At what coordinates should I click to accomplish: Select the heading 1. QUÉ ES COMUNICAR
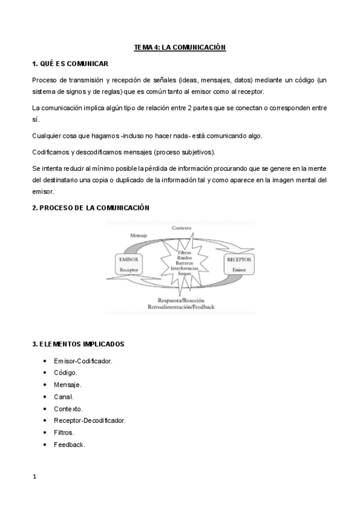point(70,63)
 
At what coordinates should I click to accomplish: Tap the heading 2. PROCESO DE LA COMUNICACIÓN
point(90,207)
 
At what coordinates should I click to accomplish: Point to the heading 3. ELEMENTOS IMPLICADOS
point(78,344)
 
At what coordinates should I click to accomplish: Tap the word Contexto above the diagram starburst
point(182,228)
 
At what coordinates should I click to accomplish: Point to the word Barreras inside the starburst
point(185,263)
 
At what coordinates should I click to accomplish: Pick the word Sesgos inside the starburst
point(185,273)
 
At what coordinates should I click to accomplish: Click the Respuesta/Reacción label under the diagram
point(181,300)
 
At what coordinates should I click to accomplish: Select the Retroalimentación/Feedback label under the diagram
point(181,307)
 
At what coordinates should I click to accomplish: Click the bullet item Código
point(65,373)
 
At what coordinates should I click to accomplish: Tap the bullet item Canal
point(64,397)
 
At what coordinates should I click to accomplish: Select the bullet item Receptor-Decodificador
point(90,421)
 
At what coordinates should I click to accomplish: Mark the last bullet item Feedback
point(69,445)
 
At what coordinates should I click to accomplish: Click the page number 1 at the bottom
point(35,477)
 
